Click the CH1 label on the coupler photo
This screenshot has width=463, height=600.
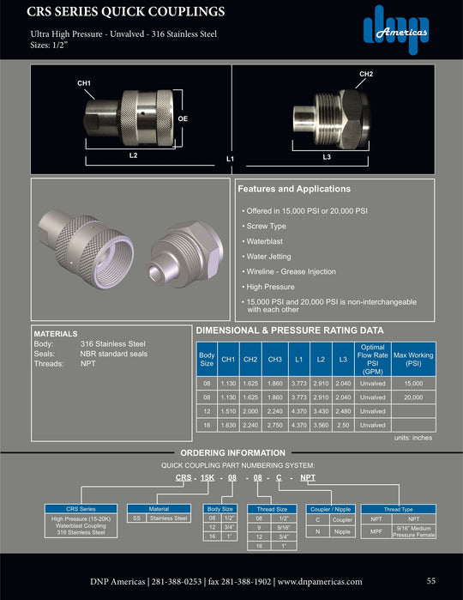pyautogui.click(x=84, y=82)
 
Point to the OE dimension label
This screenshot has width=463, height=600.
pyautogui.click(x=183, y=118)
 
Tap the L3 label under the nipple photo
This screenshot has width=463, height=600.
pyautogui.click(x=327, y=156)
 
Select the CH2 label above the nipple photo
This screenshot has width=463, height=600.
pyautogui.click(x=365, y=75)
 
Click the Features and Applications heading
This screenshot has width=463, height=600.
pyautogui.click(x=294, y=189)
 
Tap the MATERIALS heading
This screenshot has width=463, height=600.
pyautogui.click(x=55, y=333)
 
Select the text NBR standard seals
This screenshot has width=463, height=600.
pyautogui.click(x=114, y=354)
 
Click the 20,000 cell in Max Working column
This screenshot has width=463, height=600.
pyautogui.click(x=413, y=398)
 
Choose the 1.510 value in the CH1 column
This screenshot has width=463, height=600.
pyautogui.click(x=228, y=411)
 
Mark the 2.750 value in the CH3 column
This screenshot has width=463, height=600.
pyautogui.click(x=274, y=425)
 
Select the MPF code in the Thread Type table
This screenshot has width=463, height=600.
pyautogui.click(x=376, y=531)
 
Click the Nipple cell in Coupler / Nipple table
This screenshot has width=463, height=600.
pyautogui.click(x=341, y=531)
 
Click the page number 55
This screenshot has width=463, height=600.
pyautogui.click(x=431, y=581)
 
